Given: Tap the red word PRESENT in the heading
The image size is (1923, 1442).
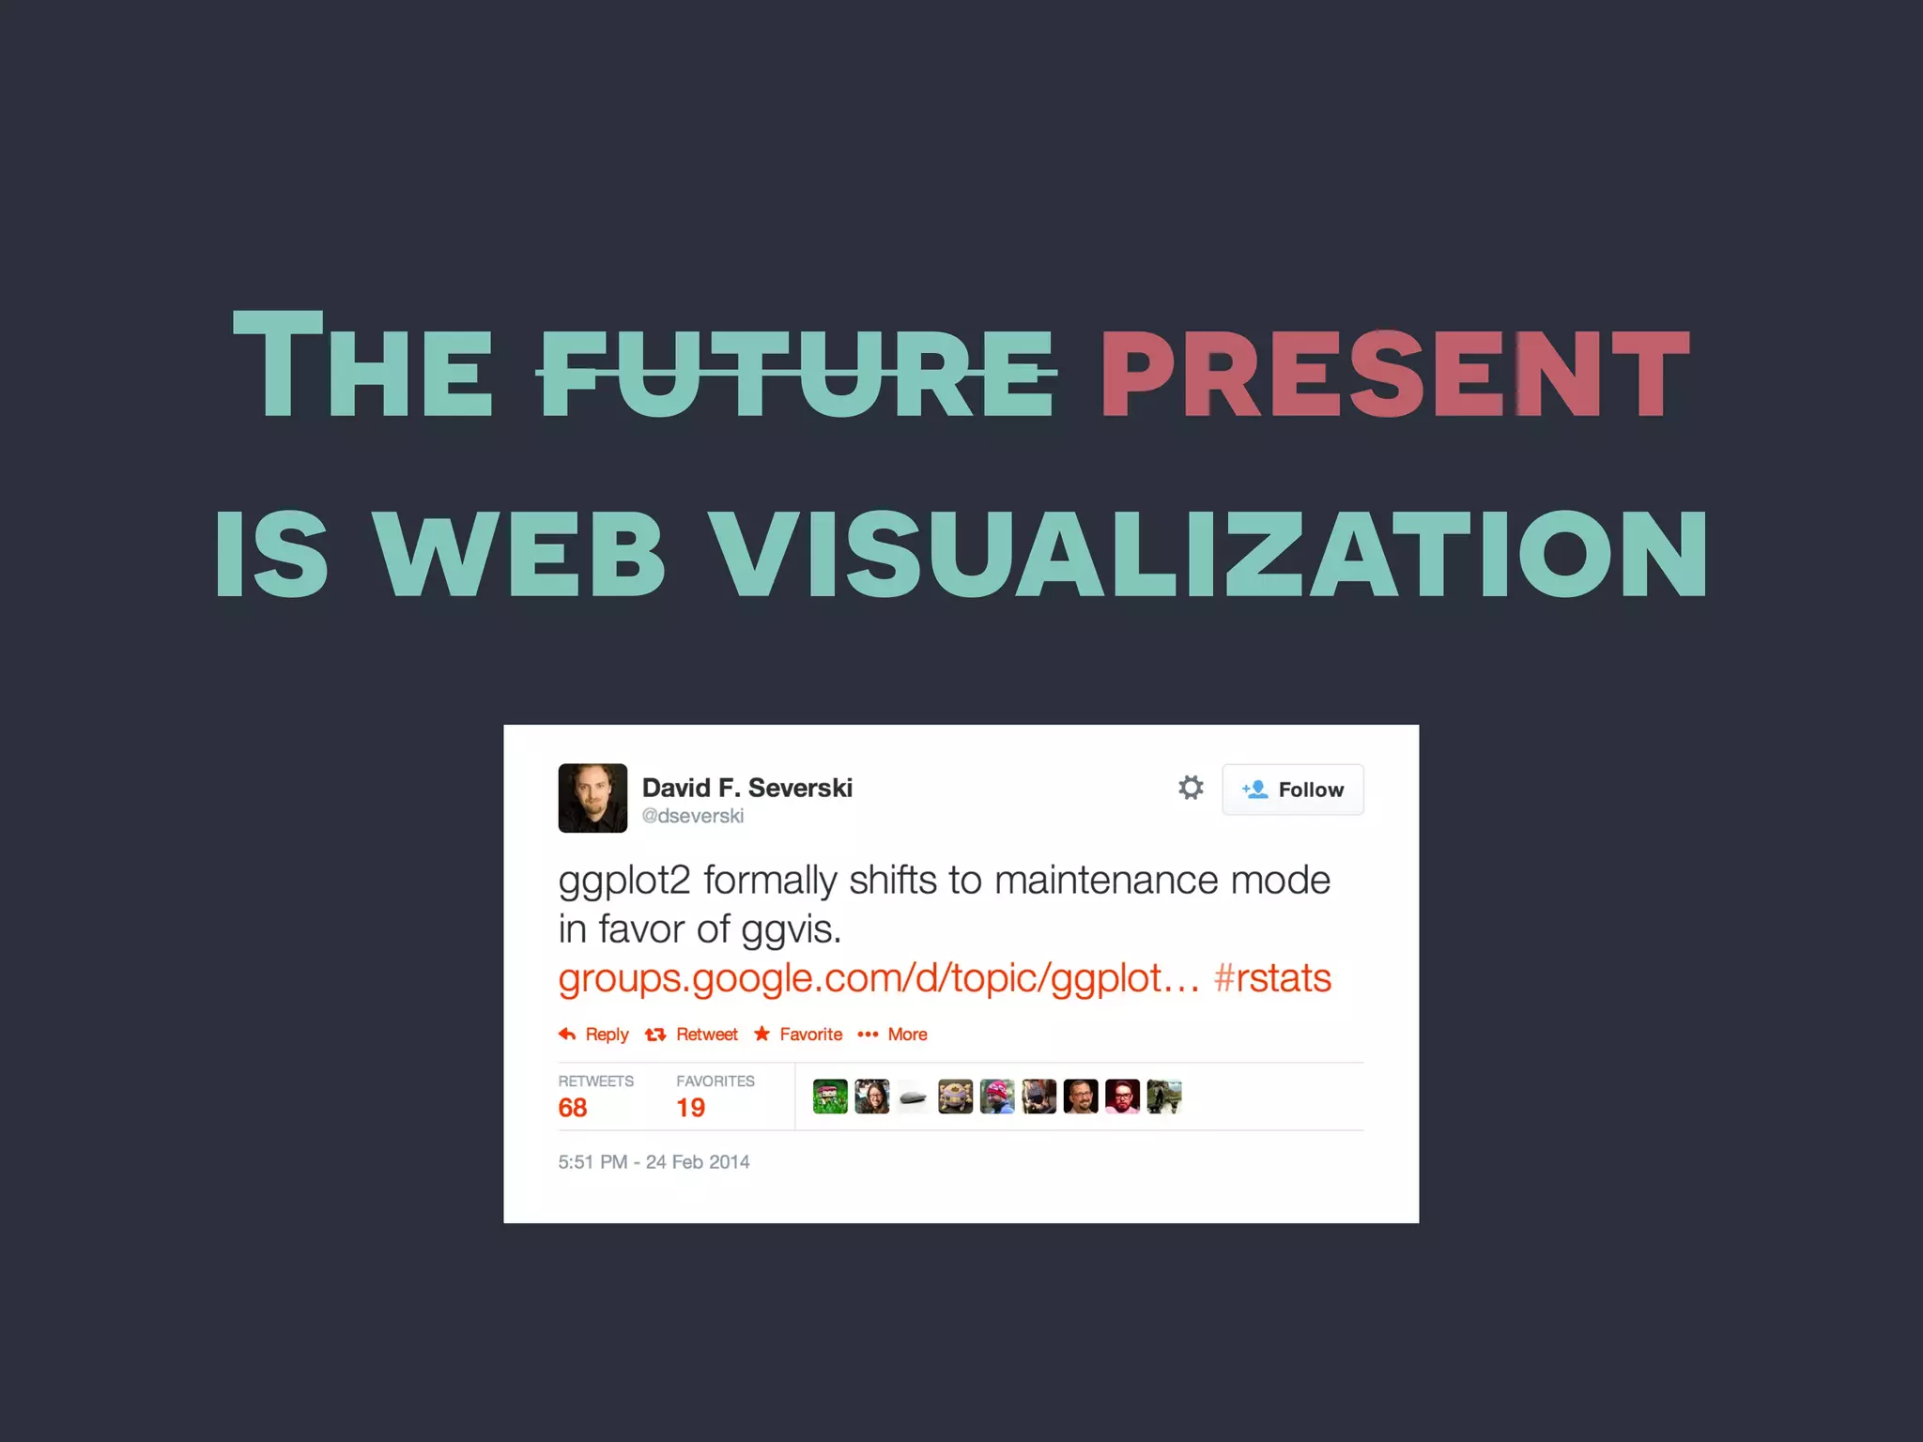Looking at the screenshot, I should click(1394, 373).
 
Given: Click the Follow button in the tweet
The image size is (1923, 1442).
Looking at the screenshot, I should click(1292, 790).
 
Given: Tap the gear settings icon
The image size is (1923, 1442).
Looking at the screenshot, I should click(1191, 788).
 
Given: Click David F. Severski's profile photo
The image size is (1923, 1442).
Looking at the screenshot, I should click(592, 798).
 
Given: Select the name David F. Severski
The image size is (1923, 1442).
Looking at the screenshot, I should click(746, 788).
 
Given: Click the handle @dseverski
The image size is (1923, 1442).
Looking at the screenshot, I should click(692, 816).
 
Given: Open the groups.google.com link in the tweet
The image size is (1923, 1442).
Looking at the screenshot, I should click(878, 978).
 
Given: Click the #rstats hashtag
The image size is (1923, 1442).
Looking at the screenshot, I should click(1272, 978).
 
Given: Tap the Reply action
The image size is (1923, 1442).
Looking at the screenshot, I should click(594, 1035).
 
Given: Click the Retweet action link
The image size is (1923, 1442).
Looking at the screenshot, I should click(693, 1035).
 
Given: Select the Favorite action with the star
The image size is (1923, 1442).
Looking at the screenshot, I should click(798, 1035).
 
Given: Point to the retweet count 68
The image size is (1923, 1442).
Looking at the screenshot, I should click(573, 1108).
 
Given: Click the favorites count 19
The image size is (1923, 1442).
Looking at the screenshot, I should click(690, 1108).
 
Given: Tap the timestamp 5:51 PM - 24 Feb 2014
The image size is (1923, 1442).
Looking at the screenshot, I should click(654, 1162).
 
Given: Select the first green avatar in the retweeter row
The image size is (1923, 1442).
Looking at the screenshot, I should click(830, 1097).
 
